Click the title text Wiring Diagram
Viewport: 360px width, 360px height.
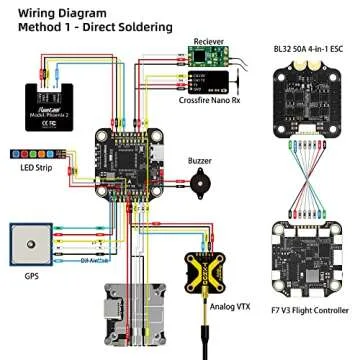53,13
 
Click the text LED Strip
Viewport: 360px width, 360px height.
34,169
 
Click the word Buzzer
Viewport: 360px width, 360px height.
199,161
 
